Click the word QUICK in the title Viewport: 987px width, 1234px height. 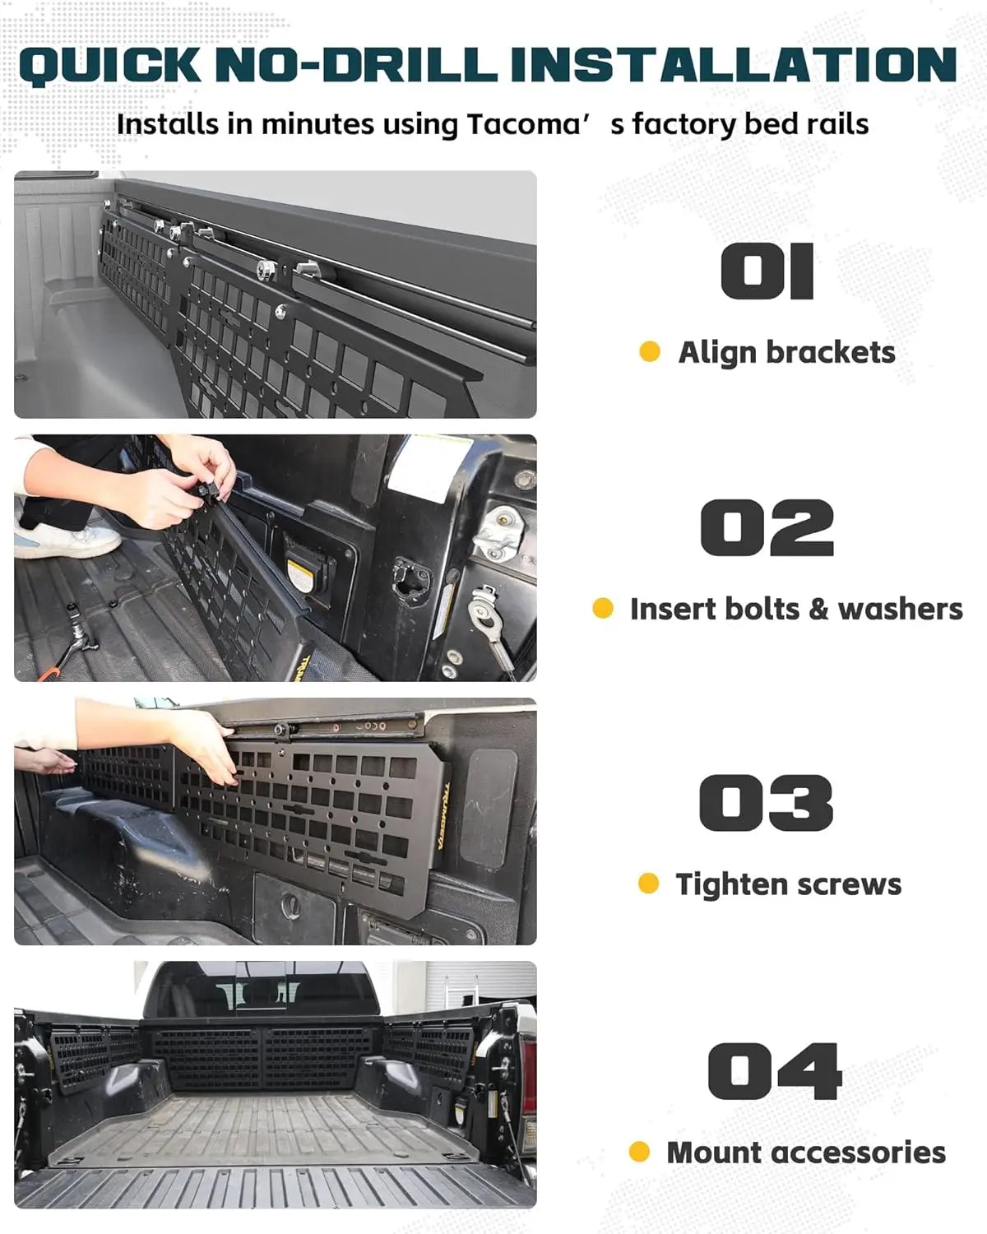click(109, 65)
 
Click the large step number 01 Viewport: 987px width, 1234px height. click(767, 271)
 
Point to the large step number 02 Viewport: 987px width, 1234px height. click(767, 528)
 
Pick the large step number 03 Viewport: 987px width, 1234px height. click(766, 802)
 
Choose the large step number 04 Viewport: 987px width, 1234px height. click(774, 1071)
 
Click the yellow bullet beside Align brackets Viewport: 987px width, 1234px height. click(650, 352)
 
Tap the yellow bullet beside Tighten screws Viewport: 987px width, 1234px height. click(648, 884)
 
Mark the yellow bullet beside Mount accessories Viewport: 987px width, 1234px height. click(639, 1152)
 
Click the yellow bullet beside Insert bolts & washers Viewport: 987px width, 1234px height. click(603, 609)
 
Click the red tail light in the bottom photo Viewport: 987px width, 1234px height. click(529, 1069)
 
